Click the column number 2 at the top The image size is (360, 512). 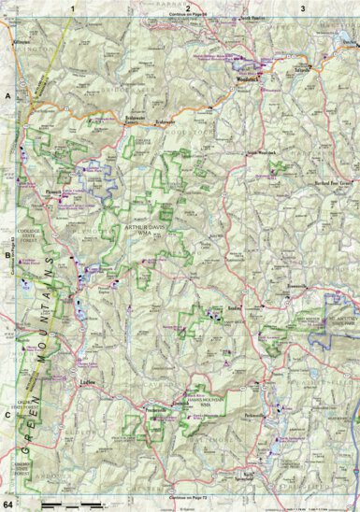point(188,7)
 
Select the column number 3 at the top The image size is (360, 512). point(302,7)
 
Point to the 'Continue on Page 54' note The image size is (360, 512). point(189,17)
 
